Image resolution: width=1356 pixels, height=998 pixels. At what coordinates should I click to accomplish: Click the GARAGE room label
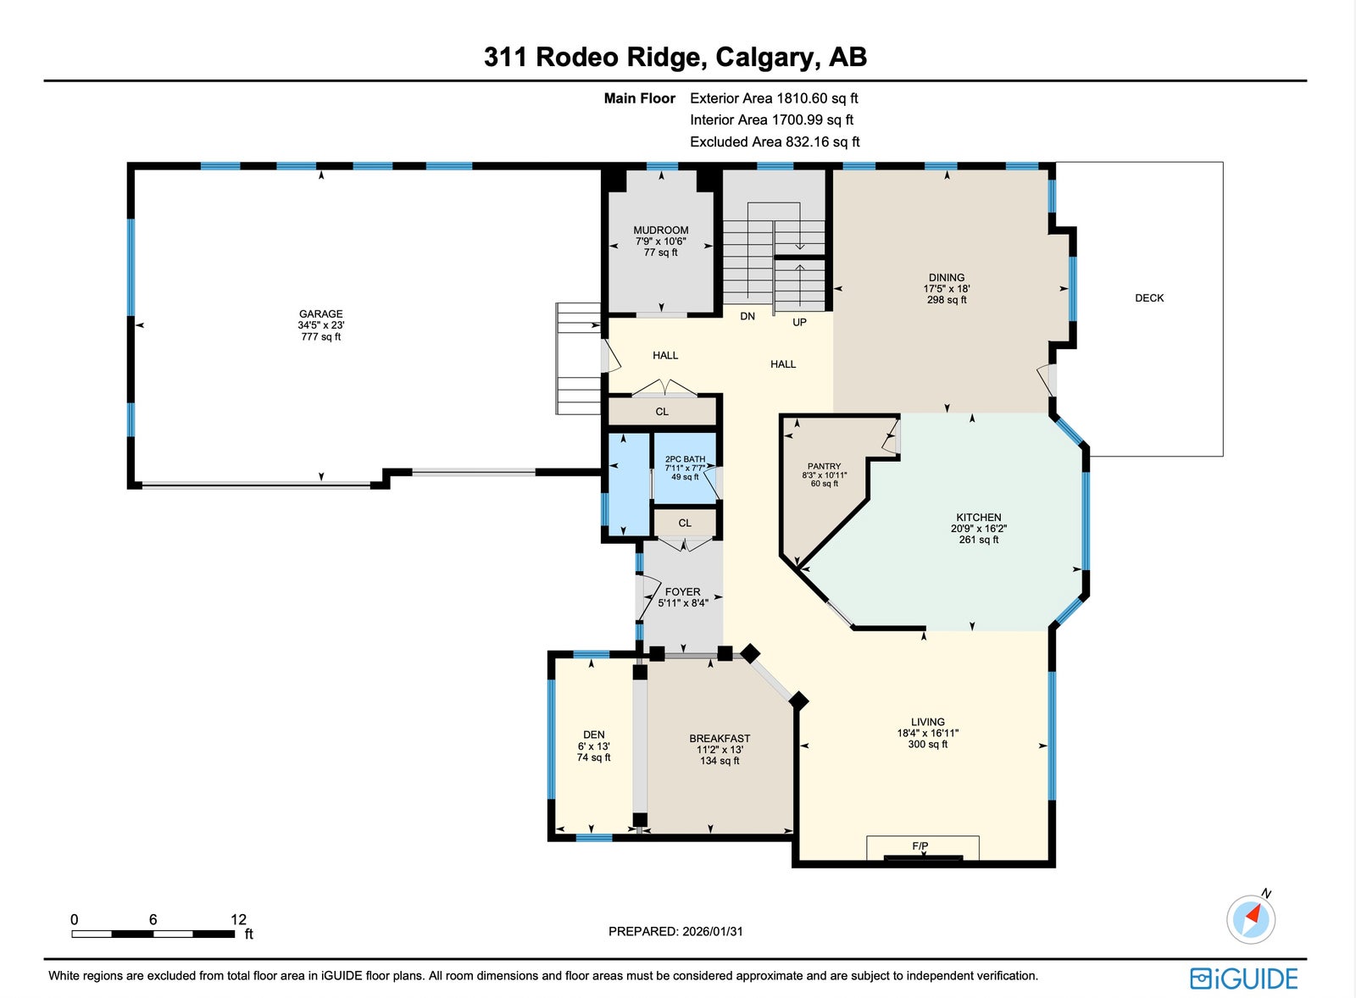[x=321, y=313]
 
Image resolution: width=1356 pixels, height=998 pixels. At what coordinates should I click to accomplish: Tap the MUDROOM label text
[x=660, y=230]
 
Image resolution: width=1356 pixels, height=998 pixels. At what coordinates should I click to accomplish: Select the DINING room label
[x=947, y=278]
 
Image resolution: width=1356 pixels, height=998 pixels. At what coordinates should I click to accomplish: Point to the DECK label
[x=1149, y=297]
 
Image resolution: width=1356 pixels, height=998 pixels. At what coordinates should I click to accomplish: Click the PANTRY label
[x=824, y=466]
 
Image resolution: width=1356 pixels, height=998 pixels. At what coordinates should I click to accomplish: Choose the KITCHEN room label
[x=978, y=518]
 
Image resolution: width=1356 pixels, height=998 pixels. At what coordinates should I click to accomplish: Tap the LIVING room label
[x=927, y=722]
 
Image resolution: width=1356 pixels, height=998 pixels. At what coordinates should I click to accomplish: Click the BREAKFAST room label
[x=720, y=739]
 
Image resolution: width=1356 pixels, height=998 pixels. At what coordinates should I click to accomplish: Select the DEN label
[x=594, y=735]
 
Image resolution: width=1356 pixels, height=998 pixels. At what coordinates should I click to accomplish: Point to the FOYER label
[x=682, y=592]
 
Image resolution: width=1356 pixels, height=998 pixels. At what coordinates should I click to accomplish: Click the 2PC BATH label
[x=685, y=459]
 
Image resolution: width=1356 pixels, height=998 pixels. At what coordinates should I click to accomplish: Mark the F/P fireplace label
[x=920, y=846]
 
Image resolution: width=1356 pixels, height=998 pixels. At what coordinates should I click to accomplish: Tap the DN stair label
[x=747, y=316]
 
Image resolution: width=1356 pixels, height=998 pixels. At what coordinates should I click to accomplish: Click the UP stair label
[x=799, y=322]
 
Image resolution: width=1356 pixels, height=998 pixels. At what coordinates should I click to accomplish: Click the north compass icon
[x=1251, y=918]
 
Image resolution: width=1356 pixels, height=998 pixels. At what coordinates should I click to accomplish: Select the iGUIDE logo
[x=1243, y=979]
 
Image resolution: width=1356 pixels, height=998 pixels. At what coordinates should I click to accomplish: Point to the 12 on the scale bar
[x=238, y=919]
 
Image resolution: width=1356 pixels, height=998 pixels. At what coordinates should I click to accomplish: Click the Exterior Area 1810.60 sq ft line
[x=774, y=98]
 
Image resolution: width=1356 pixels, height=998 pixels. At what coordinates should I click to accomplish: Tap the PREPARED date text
[x=675, y=931]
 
